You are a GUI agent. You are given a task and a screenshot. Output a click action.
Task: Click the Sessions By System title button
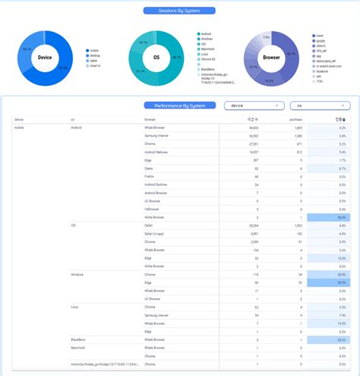[178, 11]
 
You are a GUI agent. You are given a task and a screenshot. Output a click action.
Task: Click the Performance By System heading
[179, 106]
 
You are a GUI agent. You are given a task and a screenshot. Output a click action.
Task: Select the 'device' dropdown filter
[254, 106]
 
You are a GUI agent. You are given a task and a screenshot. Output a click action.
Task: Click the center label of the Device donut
[45, 58]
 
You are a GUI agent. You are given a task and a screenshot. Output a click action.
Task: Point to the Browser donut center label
[270, 58]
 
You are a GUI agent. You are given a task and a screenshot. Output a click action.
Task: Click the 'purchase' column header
[295, 120]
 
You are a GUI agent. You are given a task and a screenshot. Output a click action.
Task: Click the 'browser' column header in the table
[150, 120]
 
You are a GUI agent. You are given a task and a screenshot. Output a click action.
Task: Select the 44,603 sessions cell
[253, 128]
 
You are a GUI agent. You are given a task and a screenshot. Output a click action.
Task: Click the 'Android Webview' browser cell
[157, 152]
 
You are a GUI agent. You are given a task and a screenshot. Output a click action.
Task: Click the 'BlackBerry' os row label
[77, 339]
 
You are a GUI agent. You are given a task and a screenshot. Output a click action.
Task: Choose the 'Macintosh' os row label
[77, 347]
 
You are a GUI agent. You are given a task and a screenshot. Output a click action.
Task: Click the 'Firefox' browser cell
[150, 176]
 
